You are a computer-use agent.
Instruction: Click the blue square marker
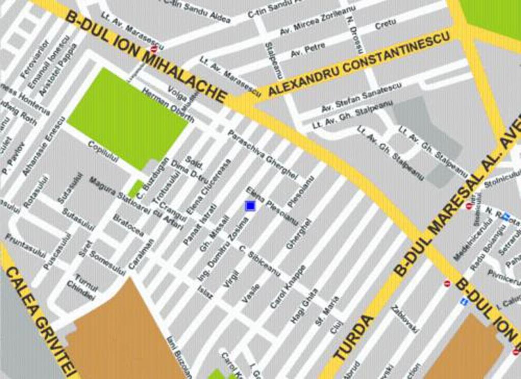pyautogui.click(x=250, y=206)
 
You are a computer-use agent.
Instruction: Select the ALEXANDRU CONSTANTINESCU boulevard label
pyautogui.click(x=359, y=64)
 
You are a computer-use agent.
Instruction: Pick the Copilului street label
pyautogui.click(x=103, y=151)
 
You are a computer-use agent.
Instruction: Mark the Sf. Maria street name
pyautogui.click(x=327, y=311)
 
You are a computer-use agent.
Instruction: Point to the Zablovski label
pyautogui.click(x=405, y=318)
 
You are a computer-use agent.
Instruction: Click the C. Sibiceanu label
pyautogui.click(x=259, y=261)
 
